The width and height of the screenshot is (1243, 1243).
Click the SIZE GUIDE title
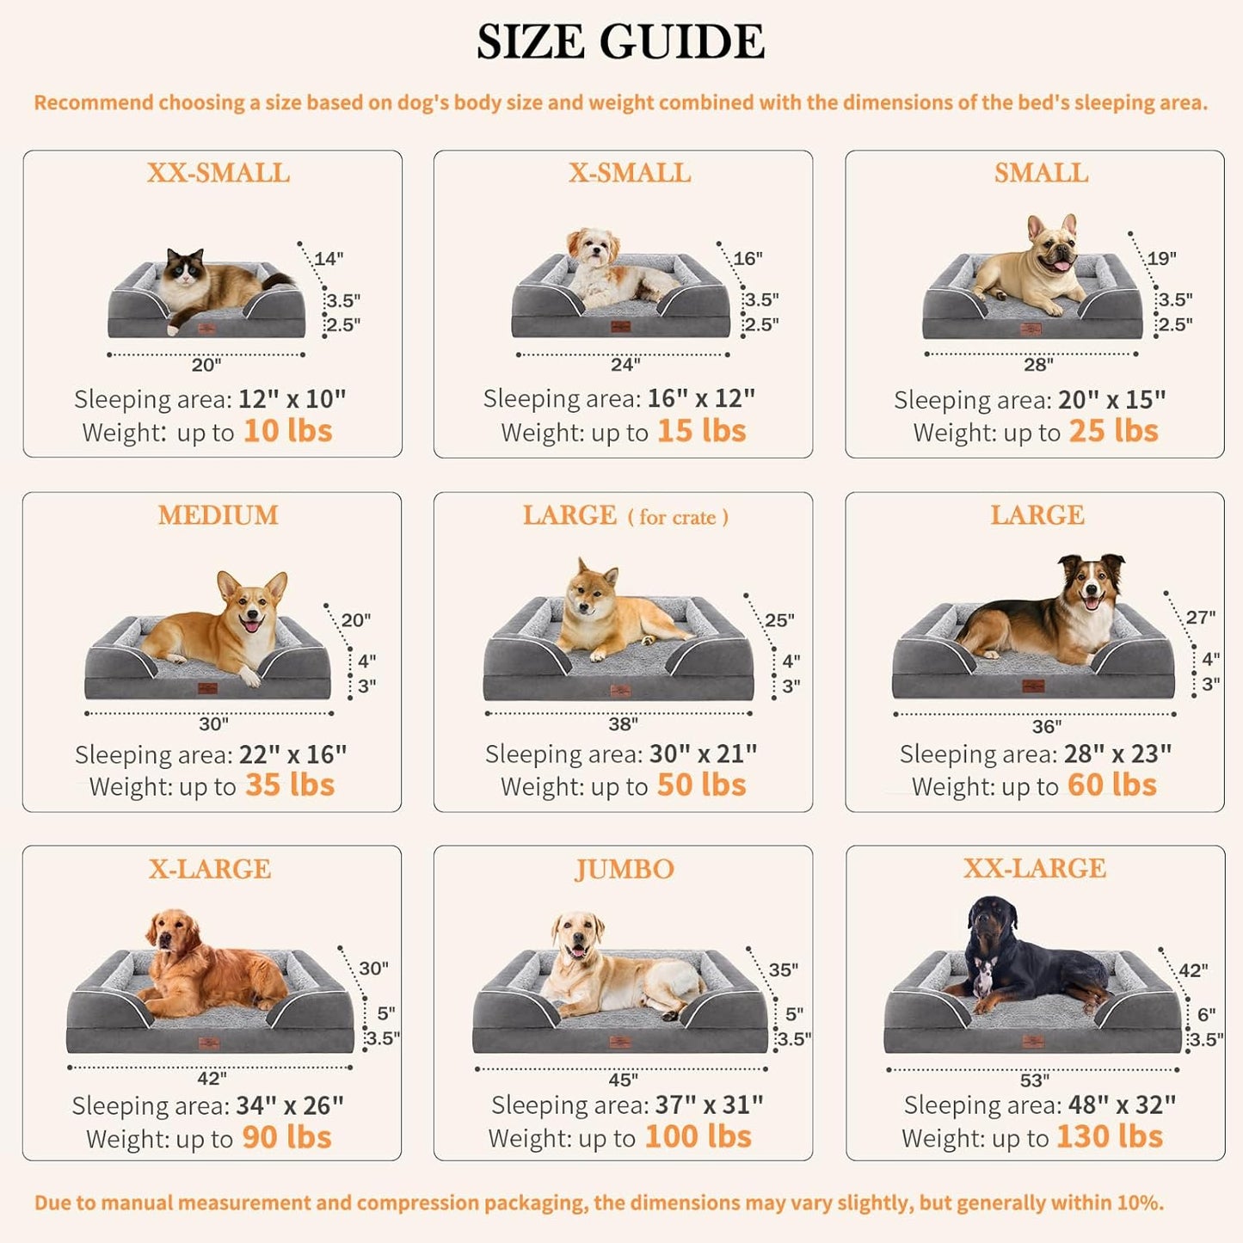620,41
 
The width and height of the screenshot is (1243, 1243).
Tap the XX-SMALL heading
218,173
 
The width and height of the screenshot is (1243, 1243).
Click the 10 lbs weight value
287,431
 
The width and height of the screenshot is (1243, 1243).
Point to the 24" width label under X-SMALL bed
625,365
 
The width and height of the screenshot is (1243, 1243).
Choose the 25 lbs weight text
1113,431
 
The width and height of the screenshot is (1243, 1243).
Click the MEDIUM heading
218,515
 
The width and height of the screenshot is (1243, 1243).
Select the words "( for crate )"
678,517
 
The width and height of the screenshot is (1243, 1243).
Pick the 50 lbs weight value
701,785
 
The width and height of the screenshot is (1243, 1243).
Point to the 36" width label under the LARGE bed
1046,727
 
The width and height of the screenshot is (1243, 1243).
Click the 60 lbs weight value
1111,785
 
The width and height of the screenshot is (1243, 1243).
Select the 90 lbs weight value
286,1137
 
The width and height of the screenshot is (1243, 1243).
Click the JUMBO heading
625,869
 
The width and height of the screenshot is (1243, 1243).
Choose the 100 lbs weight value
698,1137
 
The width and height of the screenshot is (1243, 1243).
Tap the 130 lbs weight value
1109,1137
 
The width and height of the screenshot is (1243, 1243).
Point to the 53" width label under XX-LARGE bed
1034,1080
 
